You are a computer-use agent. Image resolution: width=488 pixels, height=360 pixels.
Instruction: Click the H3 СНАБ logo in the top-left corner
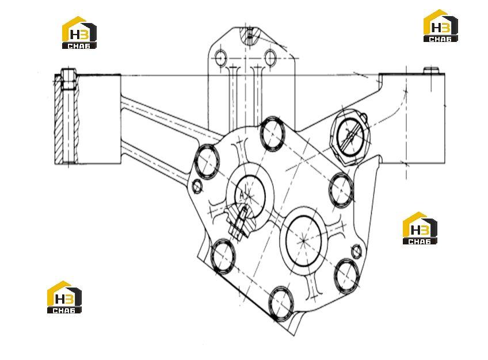[x=79, y=33]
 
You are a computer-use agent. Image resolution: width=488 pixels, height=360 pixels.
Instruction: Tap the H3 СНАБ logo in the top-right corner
[x=441, y=26]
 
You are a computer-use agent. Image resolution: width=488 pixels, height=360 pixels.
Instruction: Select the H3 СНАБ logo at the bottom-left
[x=64, y=297]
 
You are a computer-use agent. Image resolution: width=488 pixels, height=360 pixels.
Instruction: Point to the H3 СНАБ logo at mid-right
[x=420, y=228]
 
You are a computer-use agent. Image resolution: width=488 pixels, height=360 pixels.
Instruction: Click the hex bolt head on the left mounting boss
[x=68, y=79]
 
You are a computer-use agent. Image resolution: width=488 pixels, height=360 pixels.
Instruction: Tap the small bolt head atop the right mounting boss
[x=432, y=70]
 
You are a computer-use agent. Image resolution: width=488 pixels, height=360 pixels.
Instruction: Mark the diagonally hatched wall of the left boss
[x=59, y=119]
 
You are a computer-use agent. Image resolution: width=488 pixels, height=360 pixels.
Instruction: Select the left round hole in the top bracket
[x=221, y=58]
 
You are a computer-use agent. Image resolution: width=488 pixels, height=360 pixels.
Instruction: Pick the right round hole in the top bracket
[x=270, y=58]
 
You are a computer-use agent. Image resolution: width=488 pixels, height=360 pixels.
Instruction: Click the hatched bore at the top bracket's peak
[x=249, y=36]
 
